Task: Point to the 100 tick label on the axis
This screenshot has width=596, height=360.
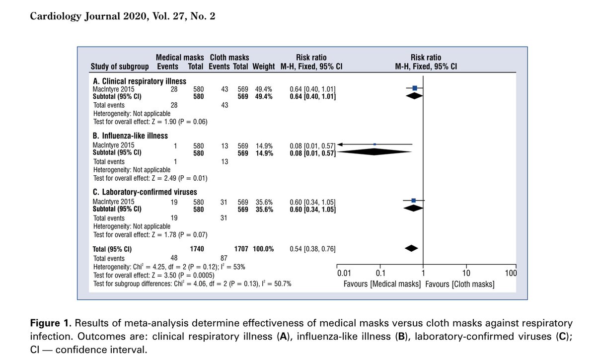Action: (x=511, y=273)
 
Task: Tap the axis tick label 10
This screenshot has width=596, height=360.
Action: (x=466, y=273)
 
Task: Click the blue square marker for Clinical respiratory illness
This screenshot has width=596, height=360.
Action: (x=415, y=88)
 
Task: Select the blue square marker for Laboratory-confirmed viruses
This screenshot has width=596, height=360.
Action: (x=414, y=200)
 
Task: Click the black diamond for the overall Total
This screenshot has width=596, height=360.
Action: (x=411, y=248)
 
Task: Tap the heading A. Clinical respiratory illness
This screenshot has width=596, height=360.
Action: (x=139, y=80)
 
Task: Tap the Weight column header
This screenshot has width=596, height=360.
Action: (x=264, y=67)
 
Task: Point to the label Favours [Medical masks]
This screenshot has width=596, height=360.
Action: (x=382, y=284)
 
